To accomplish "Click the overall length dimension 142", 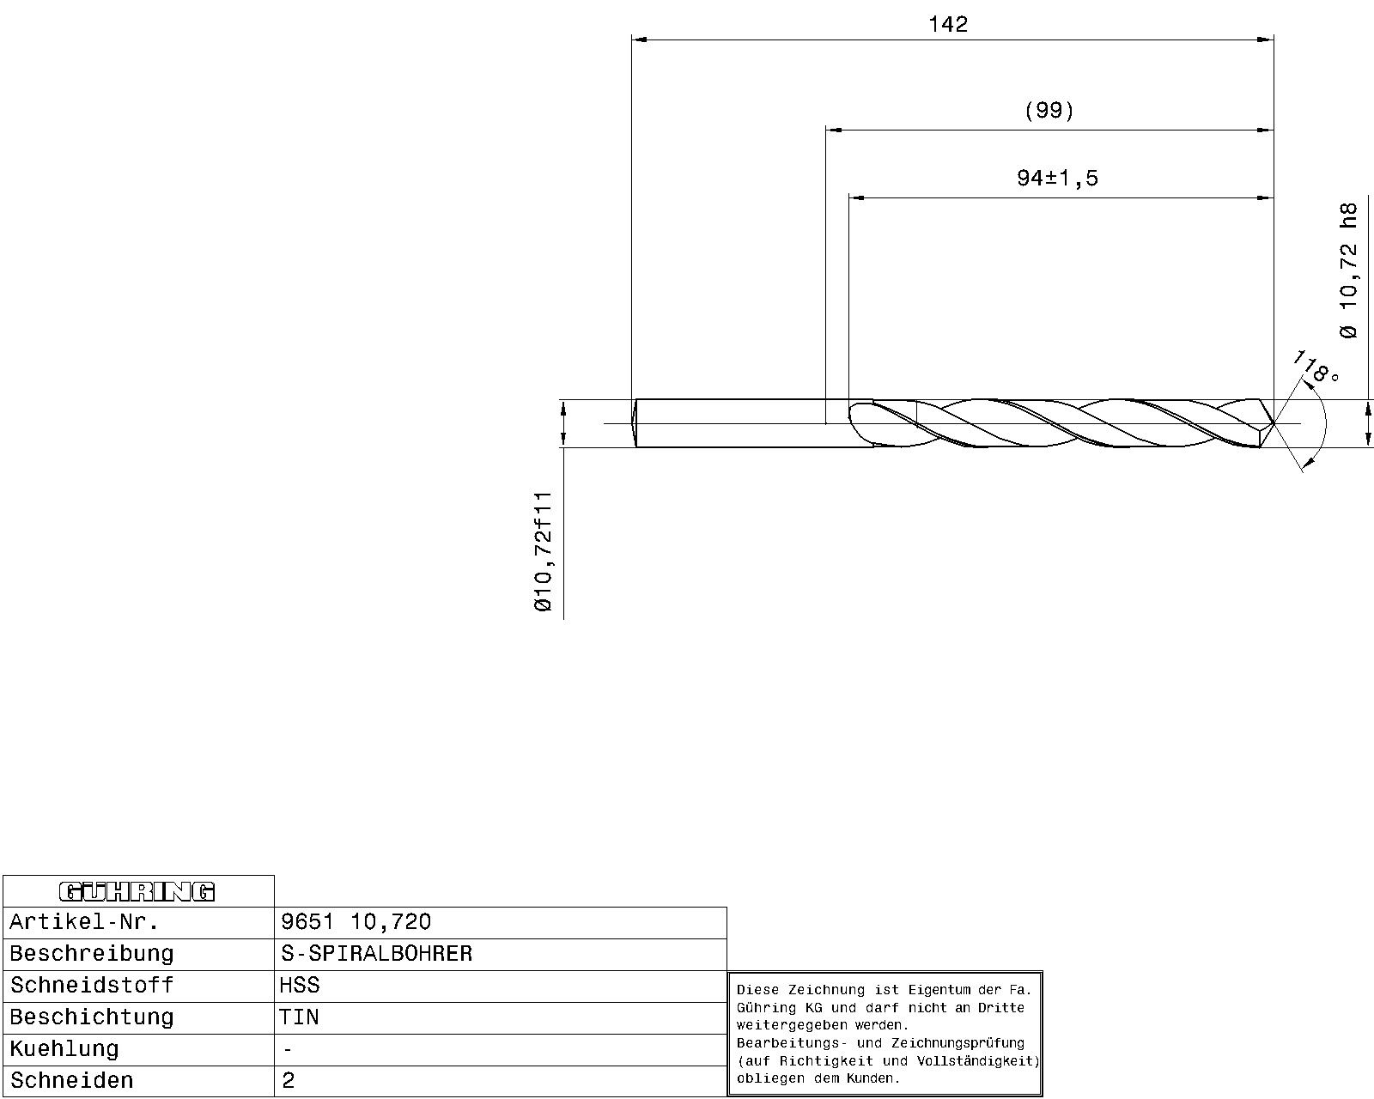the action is coord(948,24).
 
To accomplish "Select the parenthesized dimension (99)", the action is coord(1049,111).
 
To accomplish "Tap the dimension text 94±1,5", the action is coord(1057,178).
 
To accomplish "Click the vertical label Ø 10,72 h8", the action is coord(1348,270).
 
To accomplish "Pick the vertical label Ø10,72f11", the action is coord(543,551).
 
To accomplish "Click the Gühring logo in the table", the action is coord(137,891).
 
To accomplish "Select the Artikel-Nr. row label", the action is coord(83,921).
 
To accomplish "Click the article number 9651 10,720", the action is coord(356,921).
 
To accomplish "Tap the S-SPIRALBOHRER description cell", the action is coord(377,953).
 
